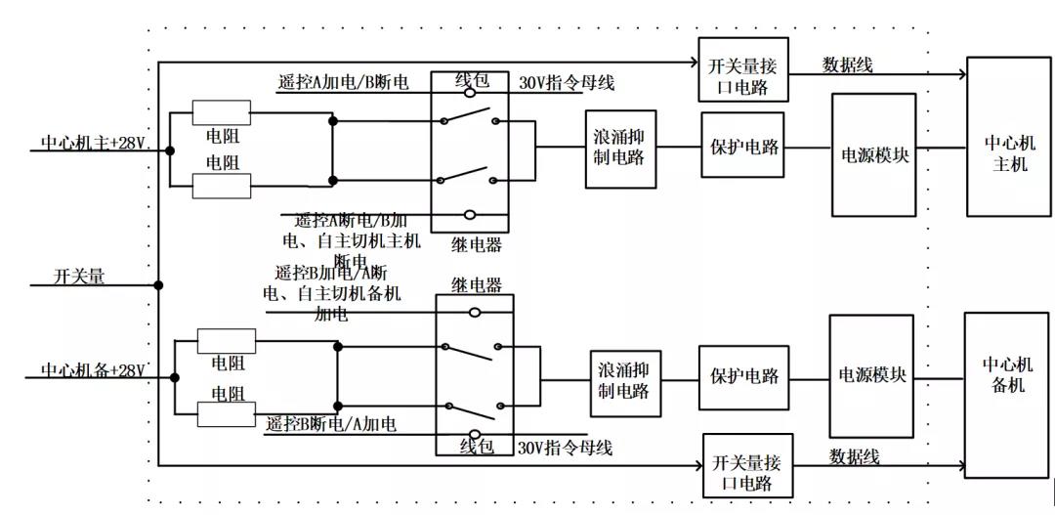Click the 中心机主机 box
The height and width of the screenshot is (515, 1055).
click(1009, 137)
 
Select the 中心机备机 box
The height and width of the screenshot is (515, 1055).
click(1007, 394)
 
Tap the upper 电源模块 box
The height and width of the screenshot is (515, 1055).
click(873, 154)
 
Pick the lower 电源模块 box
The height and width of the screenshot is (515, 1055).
click(871, 376)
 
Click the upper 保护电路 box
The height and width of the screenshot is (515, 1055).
click(742, 146)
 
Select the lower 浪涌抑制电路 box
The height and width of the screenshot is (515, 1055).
click(622, 380)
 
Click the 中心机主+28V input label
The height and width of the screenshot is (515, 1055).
click(93, 143)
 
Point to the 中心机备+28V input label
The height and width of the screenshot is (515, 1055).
click(93, 370)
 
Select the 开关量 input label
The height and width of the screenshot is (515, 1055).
click(79, 278)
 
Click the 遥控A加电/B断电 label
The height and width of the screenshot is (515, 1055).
click(342, 83)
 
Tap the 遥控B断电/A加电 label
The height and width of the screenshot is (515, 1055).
click(331, 424)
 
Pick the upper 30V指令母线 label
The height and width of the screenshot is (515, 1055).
click(567, 83)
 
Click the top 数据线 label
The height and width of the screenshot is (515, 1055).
click(847, 65)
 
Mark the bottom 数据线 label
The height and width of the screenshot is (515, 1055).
click(855, 456)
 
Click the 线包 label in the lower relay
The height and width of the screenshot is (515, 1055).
click(476, 447)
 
